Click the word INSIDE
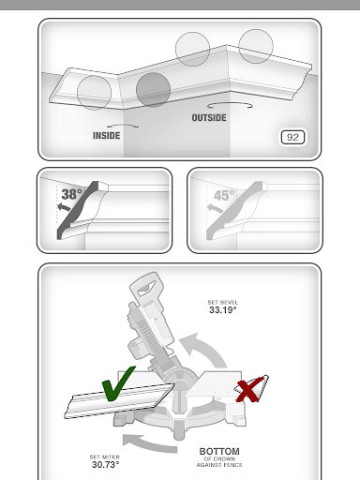tap(106, 136)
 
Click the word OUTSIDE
tap(209, 118)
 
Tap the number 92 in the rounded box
tap(292, 137)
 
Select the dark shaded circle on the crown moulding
tap(153, 90)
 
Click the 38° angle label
tap(72, 194)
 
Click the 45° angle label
tap(224, 196)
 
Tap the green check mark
tap(118, 383)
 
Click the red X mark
tap(248, 390)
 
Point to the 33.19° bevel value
tap(223, 310)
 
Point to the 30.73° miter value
tap(106, 465)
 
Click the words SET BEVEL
tap(223, 302)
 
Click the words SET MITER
tap(105, 457)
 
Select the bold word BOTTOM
tap(219, 452)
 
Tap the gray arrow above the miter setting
tap(150, 443)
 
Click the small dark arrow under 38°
tap(64, 206)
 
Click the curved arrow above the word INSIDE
tap(123, 126)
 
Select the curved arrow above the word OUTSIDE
tap(230, 104)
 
